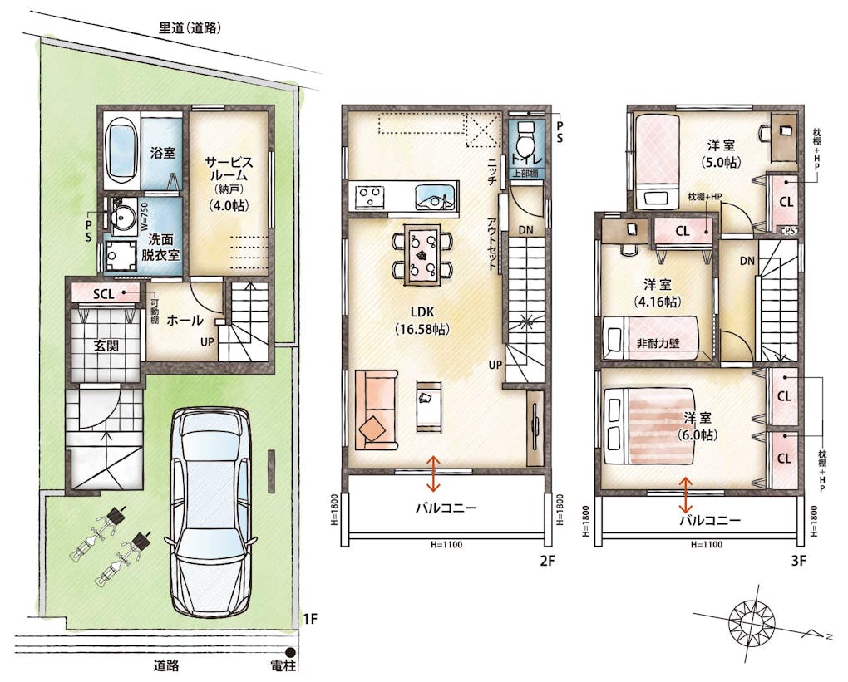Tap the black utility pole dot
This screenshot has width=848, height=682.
[290, 652]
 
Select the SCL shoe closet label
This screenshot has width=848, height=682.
[104, 293]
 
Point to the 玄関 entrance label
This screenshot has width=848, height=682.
[106, 345]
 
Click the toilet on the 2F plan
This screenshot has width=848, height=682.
[525, 140]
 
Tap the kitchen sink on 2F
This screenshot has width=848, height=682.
[436, 196]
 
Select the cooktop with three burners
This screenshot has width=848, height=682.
[369, 196]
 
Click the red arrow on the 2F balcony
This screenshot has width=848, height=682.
[433, 472]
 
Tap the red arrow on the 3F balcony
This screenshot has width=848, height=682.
[686, 494]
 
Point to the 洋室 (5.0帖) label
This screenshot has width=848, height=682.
[721, 154]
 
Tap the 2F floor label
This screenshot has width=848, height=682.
[547, 561]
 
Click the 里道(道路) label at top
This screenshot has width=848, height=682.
[190, 28]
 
